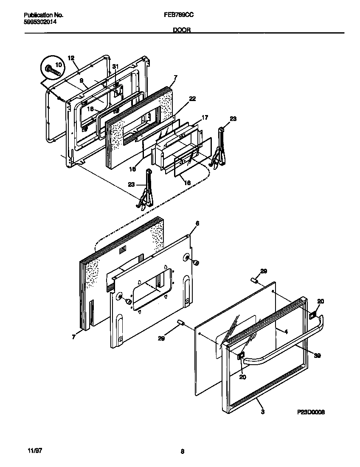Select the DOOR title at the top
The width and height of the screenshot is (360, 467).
182,30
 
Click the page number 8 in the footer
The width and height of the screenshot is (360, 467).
182,451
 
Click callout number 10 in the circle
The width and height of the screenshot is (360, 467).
58,65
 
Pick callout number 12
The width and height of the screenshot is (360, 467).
71,58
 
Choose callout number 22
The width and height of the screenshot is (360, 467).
192,98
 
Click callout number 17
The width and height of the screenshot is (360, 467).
204,118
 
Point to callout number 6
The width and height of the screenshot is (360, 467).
197,223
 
